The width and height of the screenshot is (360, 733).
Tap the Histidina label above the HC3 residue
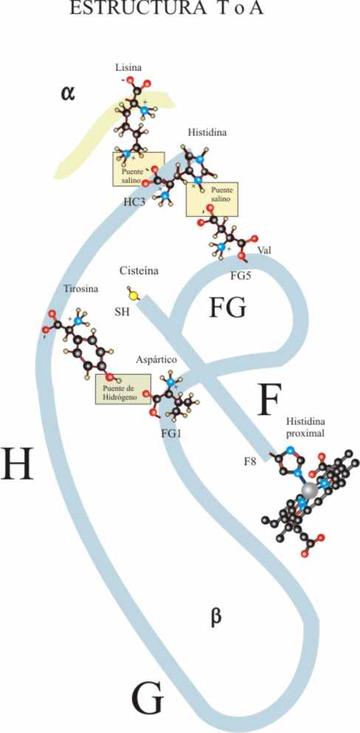(x=207, y=132)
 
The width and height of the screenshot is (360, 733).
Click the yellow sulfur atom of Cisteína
(x=134, y=295)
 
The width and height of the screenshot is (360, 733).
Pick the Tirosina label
(x=81, y=289)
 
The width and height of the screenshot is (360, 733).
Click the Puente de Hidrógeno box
(x=123, y=389)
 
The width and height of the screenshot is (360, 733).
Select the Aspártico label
(x=156, y=360)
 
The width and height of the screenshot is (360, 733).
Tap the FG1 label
(x=170, y=434)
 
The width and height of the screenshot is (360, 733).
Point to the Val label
(x=263, y=250)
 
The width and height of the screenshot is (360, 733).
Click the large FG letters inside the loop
(x=227, y=308)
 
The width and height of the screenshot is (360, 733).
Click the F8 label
(x=250, y=463)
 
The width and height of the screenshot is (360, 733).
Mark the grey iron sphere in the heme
(x=309, y=490)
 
